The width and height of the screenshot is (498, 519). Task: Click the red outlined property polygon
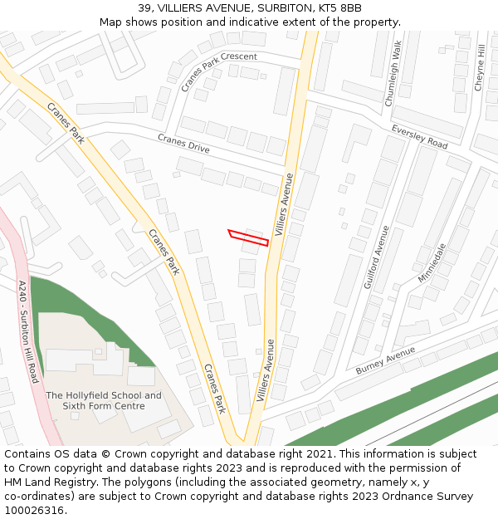(x=248, y=237)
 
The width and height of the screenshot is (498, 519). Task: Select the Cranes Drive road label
(x=183, y=144)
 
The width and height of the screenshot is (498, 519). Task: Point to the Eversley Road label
(x=419, y=138)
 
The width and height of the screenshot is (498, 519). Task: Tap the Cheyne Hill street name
(x=480, y=68)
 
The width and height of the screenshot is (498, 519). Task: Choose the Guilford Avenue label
(x=376, y=257)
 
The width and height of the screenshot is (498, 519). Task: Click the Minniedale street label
(x=432, y=262)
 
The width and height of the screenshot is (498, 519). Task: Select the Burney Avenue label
(x=384, y=360)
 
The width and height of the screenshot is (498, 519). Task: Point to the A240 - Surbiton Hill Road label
(x=28, y=331)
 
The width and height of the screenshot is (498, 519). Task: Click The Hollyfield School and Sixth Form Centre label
(x=104, y=400)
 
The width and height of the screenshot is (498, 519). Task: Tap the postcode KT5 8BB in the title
(x=341, y=8)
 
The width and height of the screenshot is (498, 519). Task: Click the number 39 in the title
(x=144, y=8)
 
